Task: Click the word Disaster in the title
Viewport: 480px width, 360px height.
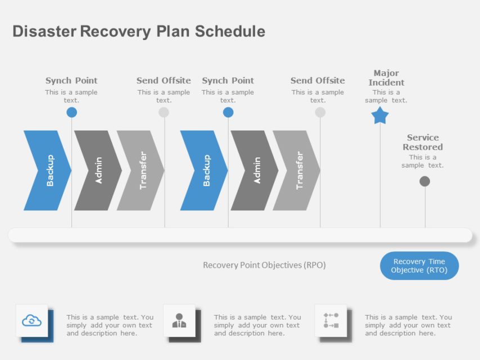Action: pos(44,31)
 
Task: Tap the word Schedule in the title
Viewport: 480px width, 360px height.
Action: pos(230,31)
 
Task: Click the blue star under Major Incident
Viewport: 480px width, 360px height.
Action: pos(380,116)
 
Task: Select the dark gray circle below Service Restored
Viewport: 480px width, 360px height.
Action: pos(425,181)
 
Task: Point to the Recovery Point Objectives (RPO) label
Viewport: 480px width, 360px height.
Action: pos(264,265)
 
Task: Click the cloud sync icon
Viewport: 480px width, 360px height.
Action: pos(32,321)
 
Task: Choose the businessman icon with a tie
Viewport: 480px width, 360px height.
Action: pos(179,321)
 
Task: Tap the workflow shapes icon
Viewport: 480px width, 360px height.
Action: pos(331,321)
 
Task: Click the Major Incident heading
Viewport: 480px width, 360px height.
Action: pos(386,78)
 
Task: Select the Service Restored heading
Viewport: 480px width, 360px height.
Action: pos(423,142)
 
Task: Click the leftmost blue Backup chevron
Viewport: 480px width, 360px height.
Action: pos(47,170)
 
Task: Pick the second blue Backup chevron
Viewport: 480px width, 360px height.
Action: pos(204,170)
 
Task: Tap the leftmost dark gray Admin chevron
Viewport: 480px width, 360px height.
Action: pos(98,170)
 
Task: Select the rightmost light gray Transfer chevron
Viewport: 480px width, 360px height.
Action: pos(297,170)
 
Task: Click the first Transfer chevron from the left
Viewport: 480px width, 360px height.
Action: pos(141,170)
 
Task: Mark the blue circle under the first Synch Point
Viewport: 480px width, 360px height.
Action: pos(71,112)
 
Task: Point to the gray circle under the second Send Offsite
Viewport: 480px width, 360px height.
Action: pos(320,112)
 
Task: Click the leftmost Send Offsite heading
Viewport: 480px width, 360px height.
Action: pos(164,80)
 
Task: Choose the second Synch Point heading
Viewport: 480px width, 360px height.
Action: pos(228,80)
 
